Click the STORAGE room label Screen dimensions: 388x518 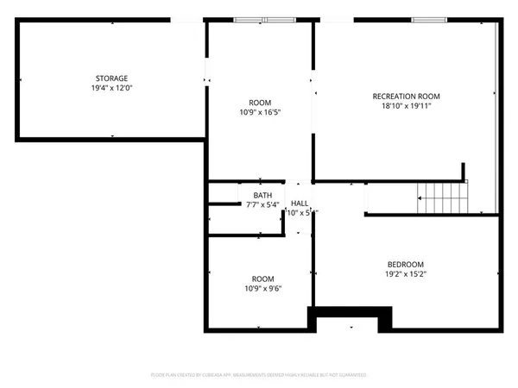coord(111,78)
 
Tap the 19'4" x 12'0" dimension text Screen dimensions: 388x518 coord(111,88)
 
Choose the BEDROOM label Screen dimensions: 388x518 coord(405,264)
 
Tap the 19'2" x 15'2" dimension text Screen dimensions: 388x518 coord(405,274)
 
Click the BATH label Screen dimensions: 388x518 coord(262,195)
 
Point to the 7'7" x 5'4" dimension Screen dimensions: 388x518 coord(262,205)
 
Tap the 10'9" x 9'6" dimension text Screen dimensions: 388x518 coord(262,289)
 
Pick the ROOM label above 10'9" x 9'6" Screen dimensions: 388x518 coord(262,278)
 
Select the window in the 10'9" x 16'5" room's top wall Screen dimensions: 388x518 coord(264,19)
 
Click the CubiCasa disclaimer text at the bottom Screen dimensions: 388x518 coord(259,375)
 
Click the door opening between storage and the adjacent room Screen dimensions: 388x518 coord(205,80)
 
